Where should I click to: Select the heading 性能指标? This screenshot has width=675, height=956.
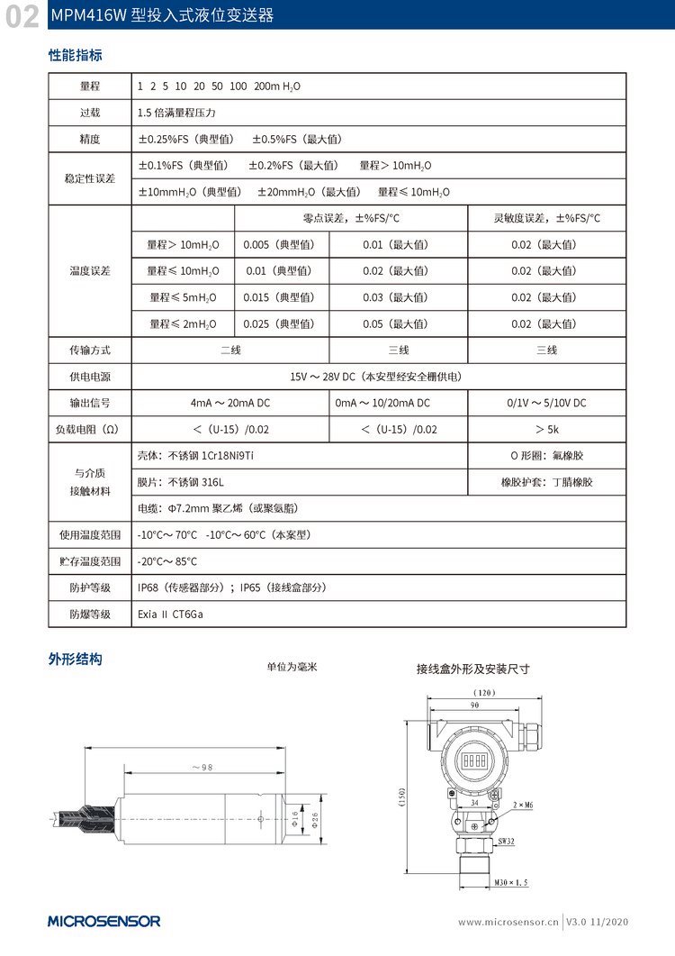tap(75, 55)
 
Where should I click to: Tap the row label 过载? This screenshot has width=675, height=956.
tap(90, 114)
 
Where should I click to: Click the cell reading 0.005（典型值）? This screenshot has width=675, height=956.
tap(282, 245)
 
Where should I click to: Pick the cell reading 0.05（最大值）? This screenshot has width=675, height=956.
tap(396, 323)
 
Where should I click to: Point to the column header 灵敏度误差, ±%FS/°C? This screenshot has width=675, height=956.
tap(546, 218)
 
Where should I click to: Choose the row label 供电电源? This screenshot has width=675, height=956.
tap(90, 377)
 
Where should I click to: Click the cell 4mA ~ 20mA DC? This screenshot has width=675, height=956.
tap(231, 403)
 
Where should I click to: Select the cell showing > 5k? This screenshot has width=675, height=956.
tap(546, 430)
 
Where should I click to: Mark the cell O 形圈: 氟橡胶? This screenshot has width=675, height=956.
tap(546, 456)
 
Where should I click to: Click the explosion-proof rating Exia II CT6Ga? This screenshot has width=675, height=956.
tap(171, 614)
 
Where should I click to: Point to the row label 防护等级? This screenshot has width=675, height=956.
tap(90, 587)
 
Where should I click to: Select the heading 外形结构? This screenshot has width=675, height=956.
tap(75, 660)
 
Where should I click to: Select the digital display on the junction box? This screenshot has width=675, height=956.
tap(475, 760)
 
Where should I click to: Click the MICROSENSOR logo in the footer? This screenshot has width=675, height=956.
tap(104, 921)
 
